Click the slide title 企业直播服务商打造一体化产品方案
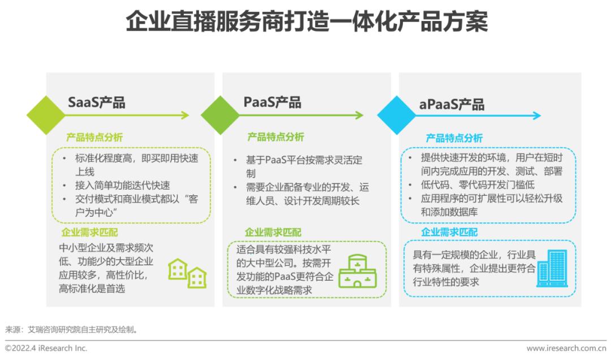306,21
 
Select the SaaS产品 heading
97,102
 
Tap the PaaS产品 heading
272,102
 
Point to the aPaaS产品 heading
451,104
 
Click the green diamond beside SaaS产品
46,115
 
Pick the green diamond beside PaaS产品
220,115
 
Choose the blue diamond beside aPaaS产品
397,115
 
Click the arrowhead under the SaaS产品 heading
184,115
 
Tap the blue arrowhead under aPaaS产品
536,115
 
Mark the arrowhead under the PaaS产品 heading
359,115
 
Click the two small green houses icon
187,273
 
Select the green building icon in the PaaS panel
358,271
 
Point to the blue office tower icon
552,269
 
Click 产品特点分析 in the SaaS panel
94,138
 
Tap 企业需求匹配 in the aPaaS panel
449,233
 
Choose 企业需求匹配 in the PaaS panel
273,233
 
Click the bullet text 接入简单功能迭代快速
123,186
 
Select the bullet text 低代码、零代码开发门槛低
477,185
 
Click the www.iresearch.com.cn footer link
566,348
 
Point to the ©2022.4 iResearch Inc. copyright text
46,348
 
